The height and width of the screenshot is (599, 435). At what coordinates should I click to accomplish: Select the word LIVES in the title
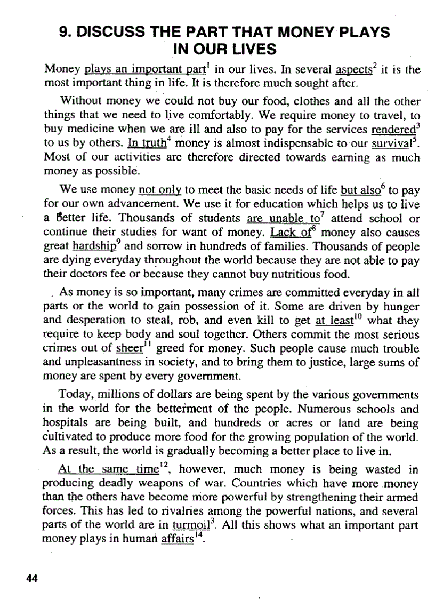pyautogui.click(x=253, y=50)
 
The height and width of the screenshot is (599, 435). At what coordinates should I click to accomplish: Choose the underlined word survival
pyautogui.click(x=394, y=145)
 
